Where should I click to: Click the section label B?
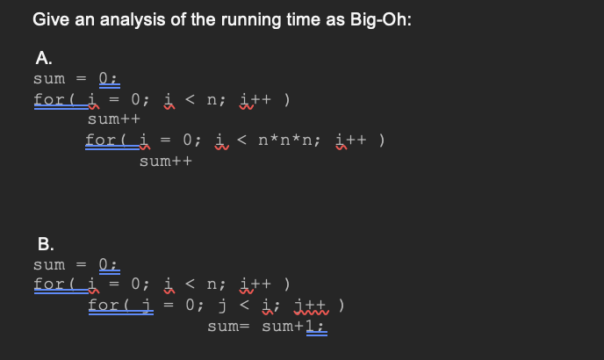click(44, 243)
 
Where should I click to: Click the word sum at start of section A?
click(49, 78)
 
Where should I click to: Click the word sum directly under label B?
click(49, 264)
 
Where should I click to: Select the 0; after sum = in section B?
click(108, 264)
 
